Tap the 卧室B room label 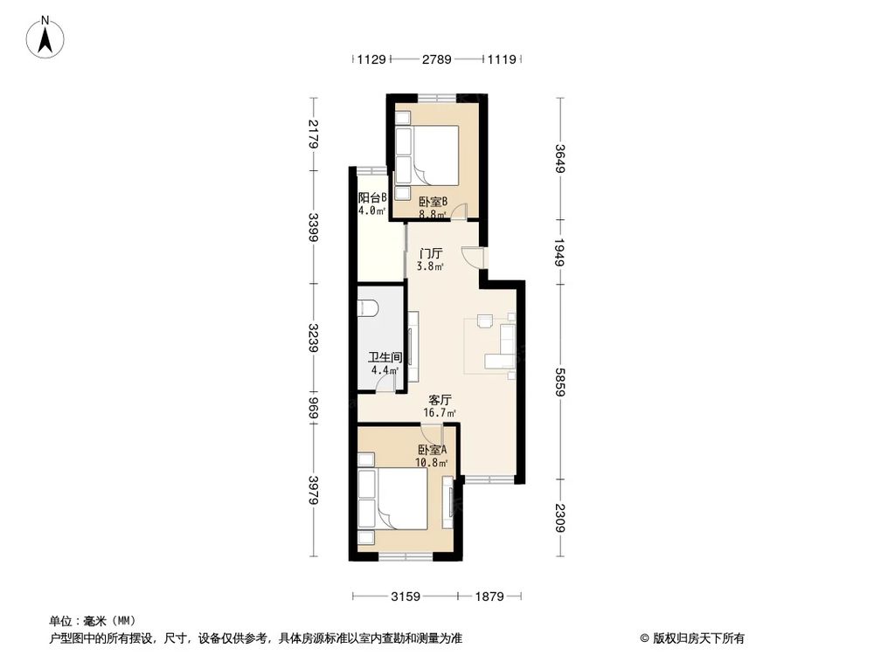tap(433, 201)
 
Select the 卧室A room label tap(432, 451)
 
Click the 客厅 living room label tap(439, 399)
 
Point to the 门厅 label tap(430, 252)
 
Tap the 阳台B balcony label tap(372, 197)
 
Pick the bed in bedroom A tap(398, 499)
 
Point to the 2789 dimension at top tap(436, 59)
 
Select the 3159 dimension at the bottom tap(406, 596)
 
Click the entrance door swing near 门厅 tap(473, 257)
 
